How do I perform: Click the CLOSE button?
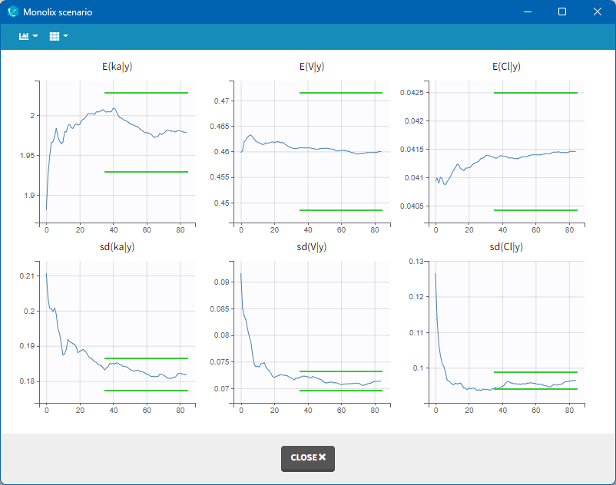click(x=307, y=457)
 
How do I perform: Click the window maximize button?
click(x=562, y=12)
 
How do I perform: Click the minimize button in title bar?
click(x=527, y=12)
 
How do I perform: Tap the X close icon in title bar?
click(x=598, y=12)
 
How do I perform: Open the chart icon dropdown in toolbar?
click(x=28, y=36)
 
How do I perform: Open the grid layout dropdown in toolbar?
click(x=59, y=36)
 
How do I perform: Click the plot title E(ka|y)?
click(x=118, y=67)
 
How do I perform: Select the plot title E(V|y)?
click(x=312, y=67)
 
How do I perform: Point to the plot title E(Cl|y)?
click(x=506, y=67)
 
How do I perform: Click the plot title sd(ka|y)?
click(x=118, y=246)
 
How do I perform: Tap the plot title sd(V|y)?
click(x=312, y=246)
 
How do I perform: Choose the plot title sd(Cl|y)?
click(x=506, y=246)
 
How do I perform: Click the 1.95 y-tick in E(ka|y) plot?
click(x=25, y=156)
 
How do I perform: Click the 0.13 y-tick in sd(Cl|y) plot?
click(x=417, y=262)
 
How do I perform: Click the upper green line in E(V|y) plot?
click(x=341, y=93)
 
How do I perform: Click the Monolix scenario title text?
click(x=57, y=12)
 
